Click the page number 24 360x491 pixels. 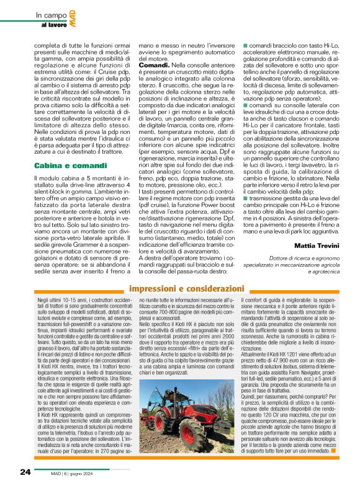tap(25, 472)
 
